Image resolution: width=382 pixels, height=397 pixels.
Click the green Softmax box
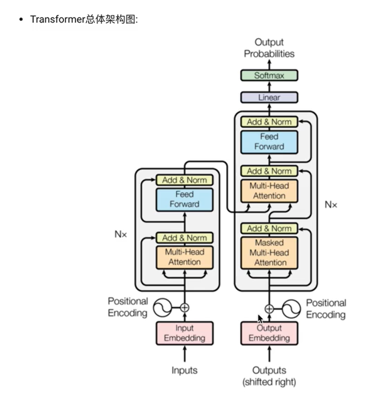point(269,75)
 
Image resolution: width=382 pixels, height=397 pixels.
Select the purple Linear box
point(269,98)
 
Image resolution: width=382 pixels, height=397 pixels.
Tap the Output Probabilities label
point(269,48)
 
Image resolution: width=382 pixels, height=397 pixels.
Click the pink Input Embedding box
point(184,333)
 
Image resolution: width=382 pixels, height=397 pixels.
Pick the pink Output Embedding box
point(269,333)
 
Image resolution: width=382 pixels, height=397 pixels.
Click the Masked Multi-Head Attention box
point(269,253)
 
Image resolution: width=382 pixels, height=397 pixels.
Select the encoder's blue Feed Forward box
point(184,199)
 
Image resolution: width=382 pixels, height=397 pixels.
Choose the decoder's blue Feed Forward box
point(269,142)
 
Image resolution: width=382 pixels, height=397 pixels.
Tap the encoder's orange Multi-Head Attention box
point(184,256)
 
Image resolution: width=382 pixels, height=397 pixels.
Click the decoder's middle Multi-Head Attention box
point(269,190)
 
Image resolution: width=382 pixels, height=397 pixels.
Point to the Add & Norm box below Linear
point(269,122)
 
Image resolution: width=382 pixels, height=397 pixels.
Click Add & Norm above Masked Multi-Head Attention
point(269,228)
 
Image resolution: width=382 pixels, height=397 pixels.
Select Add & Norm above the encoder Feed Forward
point(184,180)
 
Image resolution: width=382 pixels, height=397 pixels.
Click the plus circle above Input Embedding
point(184,307)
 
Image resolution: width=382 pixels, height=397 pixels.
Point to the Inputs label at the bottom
point(184,370)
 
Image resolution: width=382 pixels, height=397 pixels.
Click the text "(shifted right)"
point(269,382)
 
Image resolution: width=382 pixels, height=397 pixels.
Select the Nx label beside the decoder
point(330,204)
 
